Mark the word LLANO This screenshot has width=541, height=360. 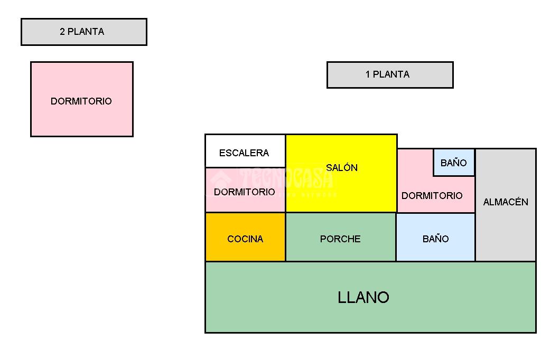[363, 298]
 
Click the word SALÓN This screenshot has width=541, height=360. [342, 168]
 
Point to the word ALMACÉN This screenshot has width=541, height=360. [506, 202]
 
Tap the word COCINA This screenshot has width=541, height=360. [245, 239]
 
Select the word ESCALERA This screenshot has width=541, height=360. [244, 153]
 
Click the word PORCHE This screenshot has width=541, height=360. [340, 239]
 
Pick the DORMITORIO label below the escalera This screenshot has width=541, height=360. [245, 192]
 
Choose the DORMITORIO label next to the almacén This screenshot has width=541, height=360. [432, 196]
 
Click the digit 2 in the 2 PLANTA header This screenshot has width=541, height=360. [62, 32]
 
